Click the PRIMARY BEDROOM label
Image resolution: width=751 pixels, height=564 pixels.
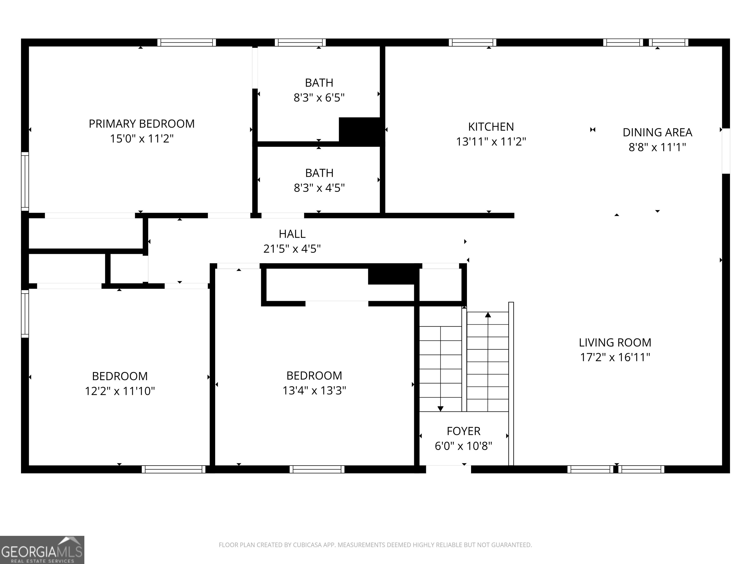tap(142, 124)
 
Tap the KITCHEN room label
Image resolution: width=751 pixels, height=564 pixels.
tap(491, 127)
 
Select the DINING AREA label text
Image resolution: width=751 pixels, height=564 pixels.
tap(657, 132)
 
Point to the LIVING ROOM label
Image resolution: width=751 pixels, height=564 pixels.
tap(615, 342)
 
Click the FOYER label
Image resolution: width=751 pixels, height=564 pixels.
tap(464, 431)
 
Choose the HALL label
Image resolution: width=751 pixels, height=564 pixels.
tap(292, 234)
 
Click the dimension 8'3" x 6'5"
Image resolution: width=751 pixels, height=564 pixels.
tap(319, 98)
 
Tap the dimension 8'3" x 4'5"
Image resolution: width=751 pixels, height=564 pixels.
tap(319, 188)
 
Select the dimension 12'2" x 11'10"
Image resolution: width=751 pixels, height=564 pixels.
tap(120, 391)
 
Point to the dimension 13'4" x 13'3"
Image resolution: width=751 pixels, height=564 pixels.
tap(314, 390)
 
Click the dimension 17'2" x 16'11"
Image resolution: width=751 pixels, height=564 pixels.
tap(615, 357)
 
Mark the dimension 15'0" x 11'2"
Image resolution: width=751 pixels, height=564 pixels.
tap(142, 139)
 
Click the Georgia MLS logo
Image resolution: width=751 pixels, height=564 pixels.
tap(42, 550)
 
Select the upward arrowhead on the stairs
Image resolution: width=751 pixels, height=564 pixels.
tap(488, 315)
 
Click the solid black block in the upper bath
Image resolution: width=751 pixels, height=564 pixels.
tap(362, 132)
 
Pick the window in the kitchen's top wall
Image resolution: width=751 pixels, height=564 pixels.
tap(473, 43)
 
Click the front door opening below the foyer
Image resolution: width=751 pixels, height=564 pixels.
tap(449, 469)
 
